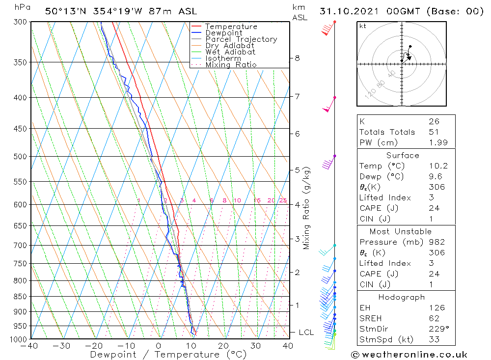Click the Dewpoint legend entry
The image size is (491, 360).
(223, 33)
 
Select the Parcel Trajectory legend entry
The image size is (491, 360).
(241, 39)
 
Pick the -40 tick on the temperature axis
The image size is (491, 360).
(30, 345)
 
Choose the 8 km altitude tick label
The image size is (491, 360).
(297, 58)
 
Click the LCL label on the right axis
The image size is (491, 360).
(306, 332)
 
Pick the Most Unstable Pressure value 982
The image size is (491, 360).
(436, 242)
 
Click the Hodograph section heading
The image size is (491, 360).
(405, 297)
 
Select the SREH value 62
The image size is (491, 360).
(433, 319)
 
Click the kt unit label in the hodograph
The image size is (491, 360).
(362, 26)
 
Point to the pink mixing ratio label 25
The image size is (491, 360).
(283, 200)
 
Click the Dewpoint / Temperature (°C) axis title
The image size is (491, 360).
(168, 355)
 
